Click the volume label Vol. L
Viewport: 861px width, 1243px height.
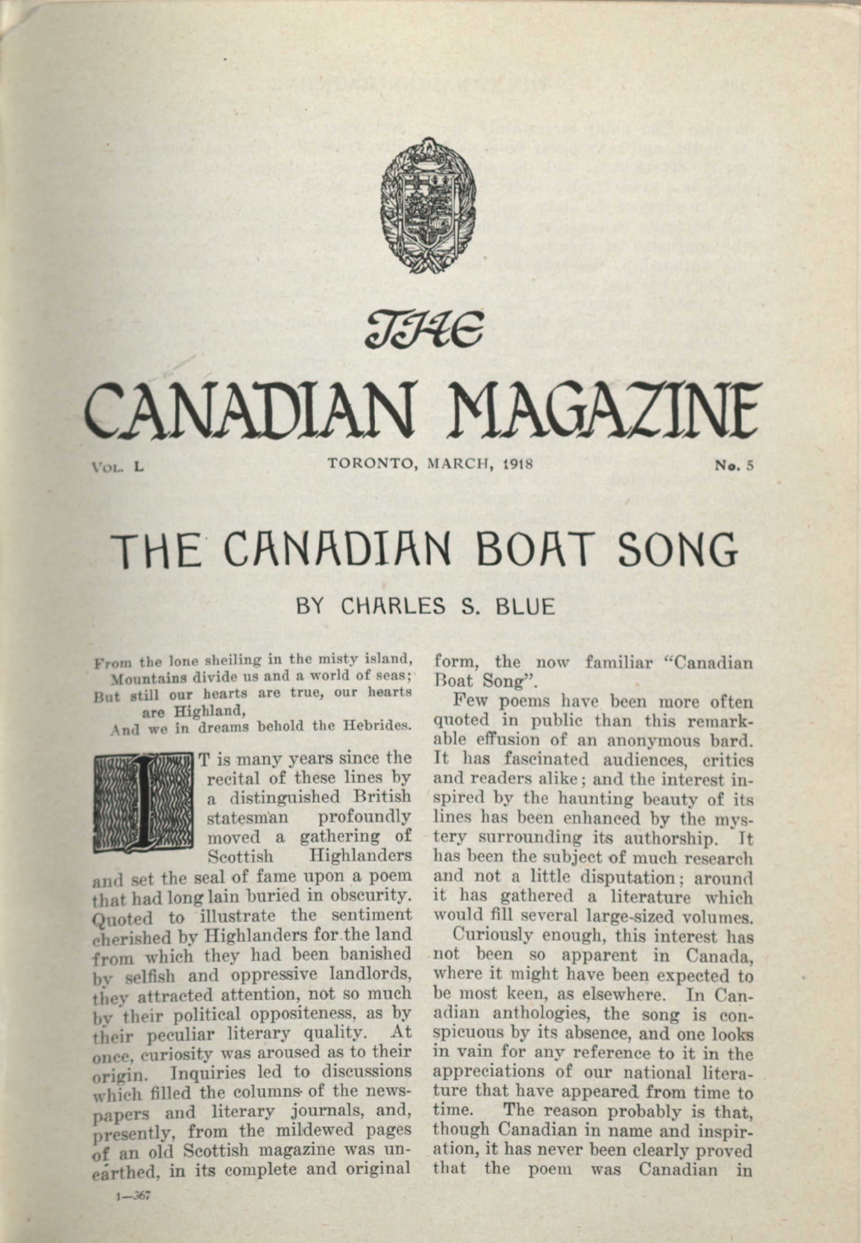[x=117, y=466]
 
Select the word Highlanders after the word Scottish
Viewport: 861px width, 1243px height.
[x=360, y=856]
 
